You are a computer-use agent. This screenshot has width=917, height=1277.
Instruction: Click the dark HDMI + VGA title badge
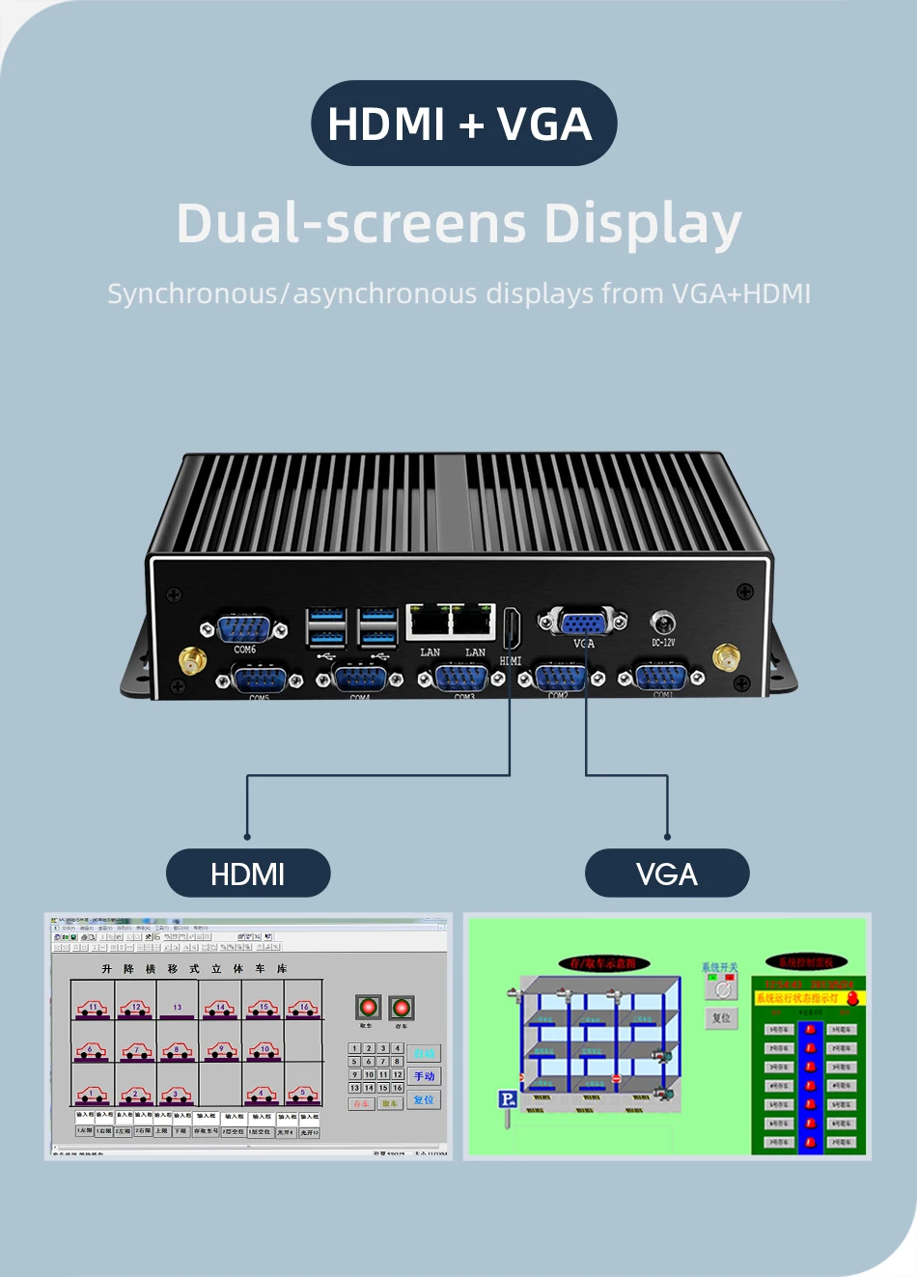tap(462, 124)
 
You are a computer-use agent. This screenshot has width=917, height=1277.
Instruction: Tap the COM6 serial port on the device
tap(244, 628)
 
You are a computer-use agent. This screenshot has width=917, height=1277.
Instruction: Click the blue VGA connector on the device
tap(583, 622)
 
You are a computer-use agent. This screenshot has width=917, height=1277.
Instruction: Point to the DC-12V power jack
tap(663, 622)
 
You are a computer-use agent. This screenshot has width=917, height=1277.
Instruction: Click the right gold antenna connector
tap(726, 658)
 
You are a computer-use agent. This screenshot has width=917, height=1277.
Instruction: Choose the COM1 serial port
tap(661, 678)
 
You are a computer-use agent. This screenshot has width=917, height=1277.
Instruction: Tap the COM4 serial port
tap(360, 679)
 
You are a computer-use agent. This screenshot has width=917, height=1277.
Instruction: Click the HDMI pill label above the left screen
tap(248, 874)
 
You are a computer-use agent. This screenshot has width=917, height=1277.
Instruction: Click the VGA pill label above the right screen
tap(667, 874)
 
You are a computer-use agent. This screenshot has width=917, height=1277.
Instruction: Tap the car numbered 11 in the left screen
tap(93, 1008)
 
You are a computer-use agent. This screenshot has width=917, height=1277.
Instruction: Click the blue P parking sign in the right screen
tap(507, 1099)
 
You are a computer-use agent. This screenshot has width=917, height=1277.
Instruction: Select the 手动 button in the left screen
tap(424, 1076)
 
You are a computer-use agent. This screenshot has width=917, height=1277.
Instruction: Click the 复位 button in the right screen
tap(721, 1018)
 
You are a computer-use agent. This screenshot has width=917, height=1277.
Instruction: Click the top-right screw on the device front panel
tap(745, 591)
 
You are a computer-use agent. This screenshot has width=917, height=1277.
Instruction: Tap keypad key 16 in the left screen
tap(398, 1088)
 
